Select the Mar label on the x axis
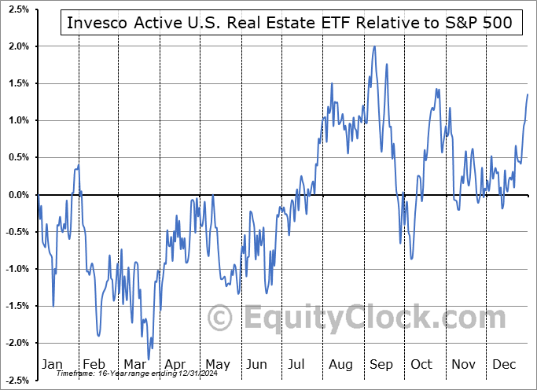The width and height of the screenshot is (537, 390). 135,364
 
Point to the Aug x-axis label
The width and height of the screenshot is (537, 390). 340,364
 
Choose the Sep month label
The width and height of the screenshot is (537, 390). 381,364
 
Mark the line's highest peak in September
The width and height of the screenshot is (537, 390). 374,46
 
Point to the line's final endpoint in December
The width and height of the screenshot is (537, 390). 528,94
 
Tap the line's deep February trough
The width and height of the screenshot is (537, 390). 98,336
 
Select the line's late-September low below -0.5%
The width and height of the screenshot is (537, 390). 411,259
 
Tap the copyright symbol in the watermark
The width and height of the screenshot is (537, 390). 221,318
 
